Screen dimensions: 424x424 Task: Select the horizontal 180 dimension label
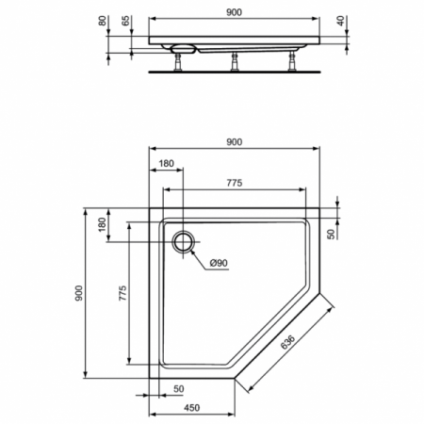click(x=166, y=164)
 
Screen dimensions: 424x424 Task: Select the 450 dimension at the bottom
click(x=191, y=408)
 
